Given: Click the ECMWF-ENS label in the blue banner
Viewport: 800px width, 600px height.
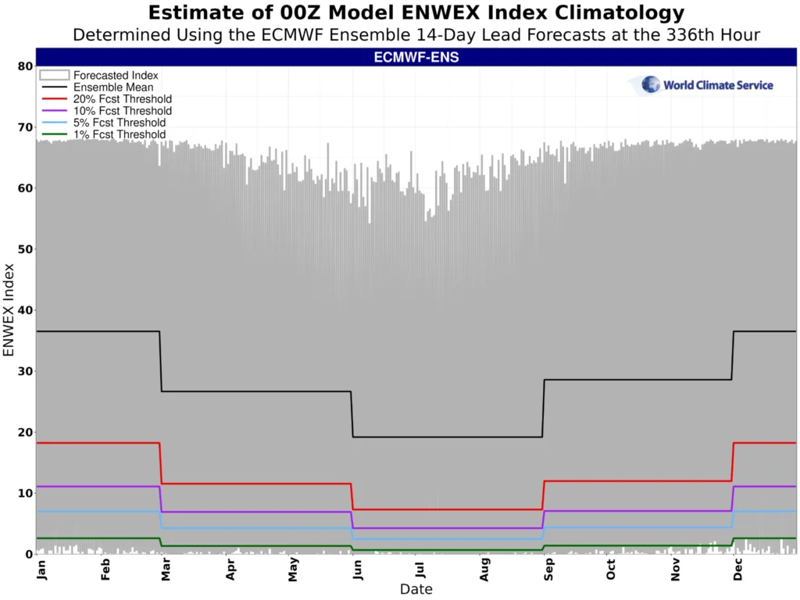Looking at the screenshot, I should [x=416, y=57].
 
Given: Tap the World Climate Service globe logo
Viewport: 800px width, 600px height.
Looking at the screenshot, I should [x=650, y=84].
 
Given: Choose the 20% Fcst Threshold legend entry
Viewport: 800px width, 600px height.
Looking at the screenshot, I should [x=122, y=99].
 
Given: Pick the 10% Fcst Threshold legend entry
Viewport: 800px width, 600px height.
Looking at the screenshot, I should [x=122, y=111].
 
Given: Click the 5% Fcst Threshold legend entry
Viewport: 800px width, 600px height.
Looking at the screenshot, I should [x=120, y=123].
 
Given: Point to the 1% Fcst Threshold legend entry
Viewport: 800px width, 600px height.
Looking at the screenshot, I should [x=120, y=134].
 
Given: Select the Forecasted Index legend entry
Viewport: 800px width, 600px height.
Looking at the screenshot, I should [x=116, y=76].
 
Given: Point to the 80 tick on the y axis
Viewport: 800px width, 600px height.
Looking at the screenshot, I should [x=24, y=66].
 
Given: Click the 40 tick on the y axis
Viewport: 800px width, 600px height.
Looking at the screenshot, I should [x=24, y=310].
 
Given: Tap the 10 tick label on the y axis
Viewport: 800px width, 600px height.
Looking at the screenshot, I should [x=24, y=493].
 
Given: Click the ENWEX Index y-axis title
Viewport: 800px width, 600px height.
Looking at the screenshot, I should [x=9, y=310].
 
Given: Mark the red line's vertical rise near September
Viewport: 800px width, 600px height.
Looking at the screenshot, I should [x=543, y=495].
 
